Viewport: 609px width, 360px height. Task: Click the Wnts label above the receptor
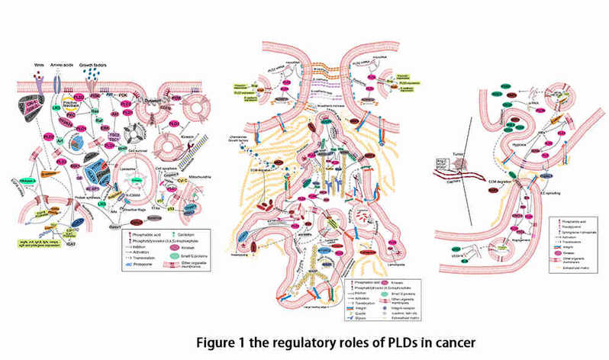point(40,66)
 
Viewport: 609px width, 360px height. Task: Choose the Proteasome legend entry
point(138,263)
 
